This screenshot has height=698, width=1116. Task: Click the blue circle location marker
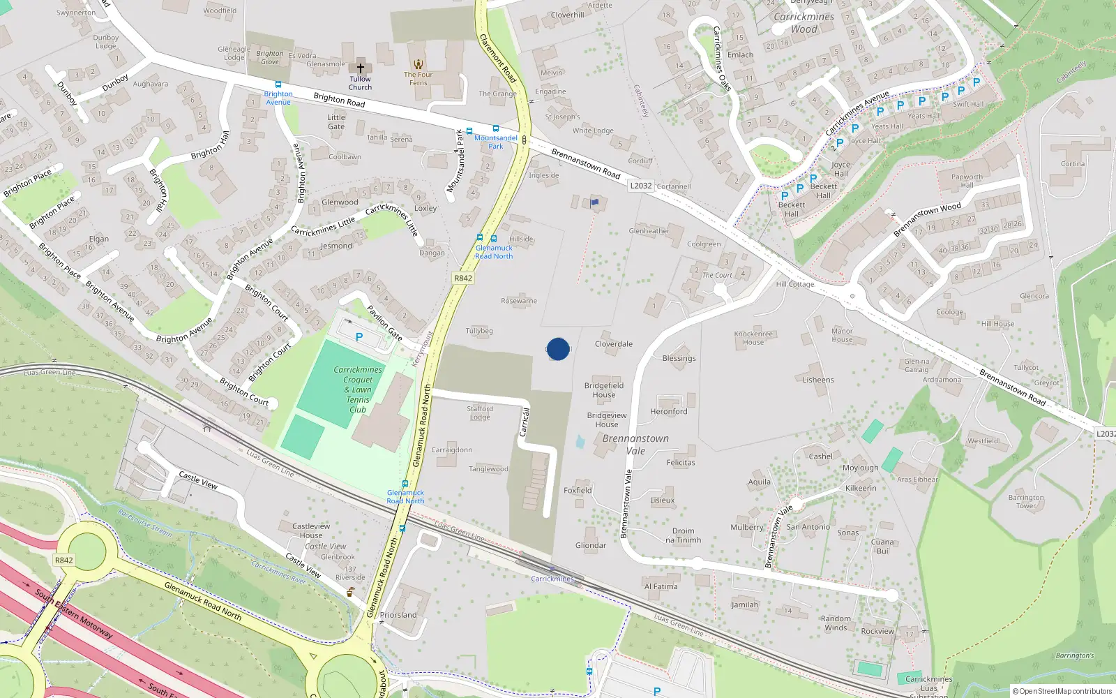tap(558, 349)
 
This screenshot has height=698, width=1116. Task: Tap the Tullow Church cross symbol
tap(361, 68)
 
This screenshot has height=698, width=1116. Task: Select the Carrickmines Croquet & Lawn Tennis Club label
tap(358, 389)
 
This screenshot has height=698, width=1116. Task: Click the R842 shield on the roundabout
tap(63, 560)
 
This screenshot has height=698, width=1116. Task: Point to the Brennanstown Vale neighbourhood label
tap(635, 445)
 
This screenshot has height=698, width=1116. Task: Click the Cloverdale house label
tap(614, 344)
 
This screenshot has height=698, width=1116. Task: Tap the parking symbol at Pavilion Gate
tap(359, 337)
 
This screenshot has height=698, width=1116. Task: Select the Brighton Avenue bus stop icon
tap(278, 84)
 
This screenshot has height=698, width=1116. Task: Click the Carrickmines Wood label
tap(804, 23)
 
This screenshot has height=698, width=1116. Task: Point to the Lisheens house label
tap(818, 380)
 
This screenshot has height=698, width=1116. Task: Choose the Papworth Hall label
tap(967, 181)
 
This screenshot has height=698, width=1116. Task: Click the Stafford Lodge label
tap(480, 413)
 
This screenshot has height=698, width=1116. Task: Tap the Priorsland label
tap(398, 615)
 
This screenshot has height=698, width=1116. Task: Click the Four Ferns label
tap(418, 78)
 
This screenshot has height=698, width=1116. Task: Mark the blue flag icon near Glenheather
tap(595, 202)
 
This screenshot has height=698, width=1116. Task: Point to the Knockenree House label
tap(753, 338)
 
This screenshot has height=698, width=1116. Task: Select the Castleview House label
tap(311, 530)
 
